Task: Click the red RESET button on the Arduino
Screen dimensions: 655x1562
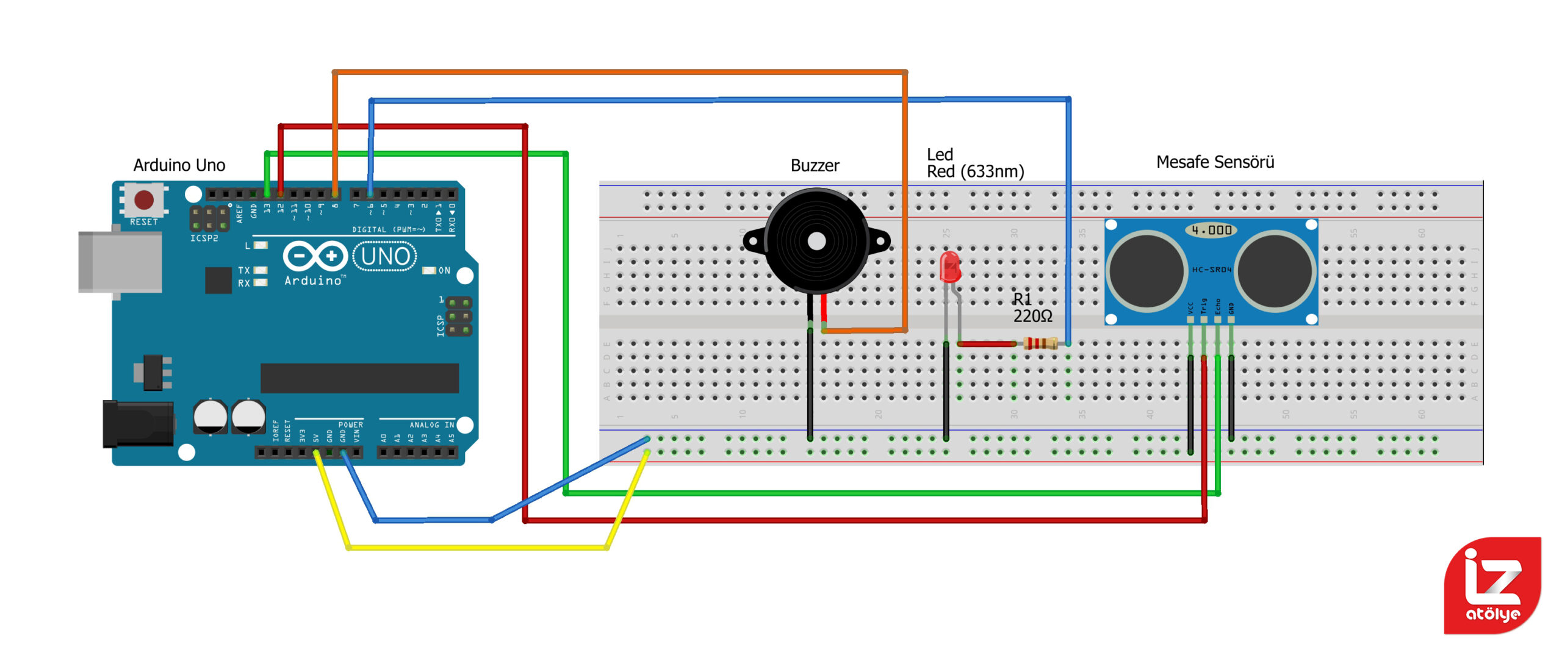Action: click(144, 199)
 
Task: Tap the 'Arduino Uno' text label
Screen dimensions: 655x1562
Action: click(179, 165)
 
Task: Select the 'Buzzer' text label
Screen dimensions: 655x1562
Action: click(815, 166)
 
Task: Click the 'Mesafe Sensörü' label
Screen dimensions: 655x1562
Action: click(1215, 162)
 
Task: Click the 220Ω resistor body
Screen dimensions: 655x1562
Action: click(1040, 343)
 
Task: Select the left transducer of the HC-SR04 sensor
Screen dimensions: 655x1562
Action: click(1147, 271)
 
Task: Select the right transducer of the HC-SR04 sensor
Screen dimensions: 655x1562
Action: click(1275, 271)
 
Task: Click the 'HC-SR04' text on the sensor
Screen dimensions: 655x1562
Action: click(1212, 270)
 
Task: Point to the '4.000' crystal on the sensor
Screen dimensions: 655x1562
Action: click(1212, 231)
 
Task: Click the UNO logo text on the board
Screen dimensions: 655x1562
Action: click(385, 257)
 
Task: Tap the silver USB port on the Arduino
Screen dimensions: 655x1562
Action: click(120, 262)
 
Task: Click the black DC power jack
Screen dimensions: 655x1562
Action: click(138, 424)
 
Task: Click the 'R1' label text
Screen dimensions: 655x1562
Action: click(1023, 299)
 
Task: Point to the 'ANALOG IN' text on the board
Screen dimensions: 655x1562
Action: click(431, 424)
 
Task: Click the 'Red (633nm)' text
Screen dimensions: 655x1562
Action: click(975, 172)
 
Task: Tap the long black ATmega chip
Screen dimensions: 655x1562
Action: click(359, 378)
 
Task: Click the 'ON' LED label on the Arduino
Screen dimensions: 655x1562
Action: click(444, 271)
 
